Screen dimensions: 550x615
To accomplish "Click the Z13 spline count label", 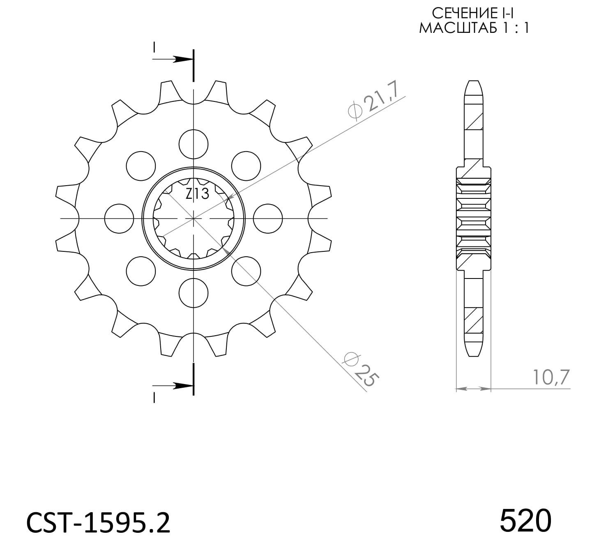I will [197, 193].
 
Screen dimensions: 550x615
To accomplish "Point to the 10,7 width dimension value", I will [551, 377].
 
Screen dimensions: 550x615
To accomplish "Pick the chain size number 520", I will [525, 520].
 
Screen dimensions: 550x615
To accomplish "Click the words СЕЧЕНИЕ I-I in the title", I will [473, 14].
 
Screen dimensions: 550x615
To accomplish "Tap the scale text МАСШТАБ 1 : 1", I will [473, 28].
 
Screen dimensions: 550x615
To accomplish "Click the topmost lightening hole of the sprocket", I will [193, 144].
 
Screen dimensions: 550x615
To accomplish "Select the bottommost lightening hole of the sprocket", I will [193, 292].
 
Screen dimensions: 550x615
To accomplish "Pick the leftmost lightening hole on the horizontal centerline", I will [119, 218].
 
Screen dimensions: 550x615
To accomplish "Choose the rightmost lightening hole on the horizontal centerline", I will [268, 218].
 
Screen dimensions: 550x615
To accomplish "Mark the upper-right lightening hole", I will [246, 166].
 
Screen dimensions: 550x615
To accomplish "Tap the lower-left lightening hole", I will [141, 271].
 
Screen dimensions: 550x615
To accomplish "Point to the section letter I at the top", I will [154, 47].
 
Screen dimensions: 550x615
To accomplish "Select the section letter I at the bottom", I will [154, 397].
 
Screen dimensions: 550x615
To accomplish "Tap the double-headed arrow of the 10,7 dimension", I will [473, 388].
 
